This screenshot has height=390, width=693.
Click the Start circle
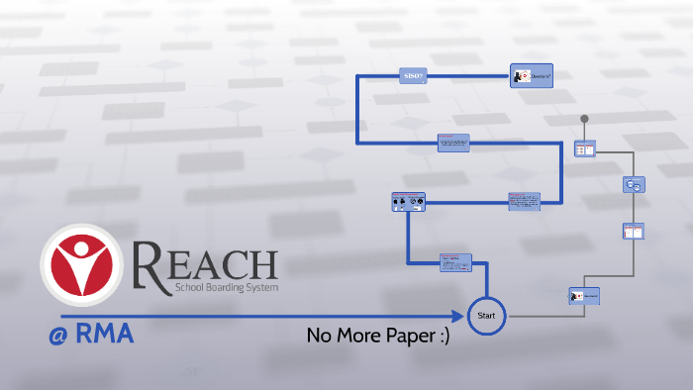pos(486,316)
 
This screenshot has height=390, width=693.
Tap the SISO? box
pos(414,76)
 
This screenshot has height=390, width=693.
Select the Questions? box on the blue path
pos(531,76)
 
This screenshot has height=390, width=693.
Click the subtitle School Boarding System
pos(226,287)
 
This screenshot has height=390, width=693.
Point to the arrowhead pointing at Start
pos(458,316)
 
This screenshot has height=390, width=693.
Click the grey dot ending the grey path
pos(585,119)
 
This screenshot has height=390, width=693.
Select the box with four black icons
pos(408,203)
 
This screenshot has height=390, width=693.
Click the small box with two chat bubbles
pos(634,184)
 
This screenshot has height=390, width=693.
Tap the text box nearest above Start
pos(456,262)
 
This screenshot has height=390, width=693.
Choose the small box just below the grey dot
pos(585,149)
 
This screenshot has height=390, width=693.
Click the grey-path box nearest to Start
pos(584,295)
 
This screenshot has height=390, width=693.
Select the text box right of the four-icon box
pos(524,202)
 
